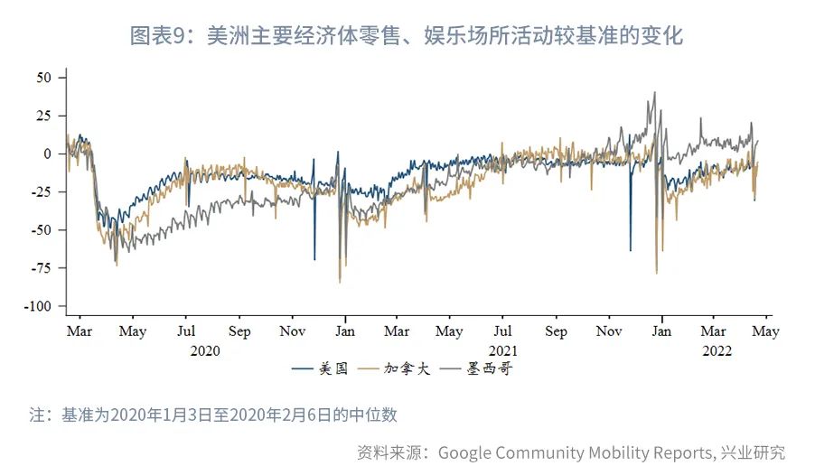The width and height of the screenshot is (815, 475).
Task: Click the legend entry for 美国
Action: pos(326,368)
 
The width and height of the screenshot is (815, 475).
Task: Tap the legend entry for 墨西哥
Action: pos(487,368)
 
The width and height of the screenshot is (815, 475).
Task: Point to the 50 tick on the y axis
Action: pos(46,78)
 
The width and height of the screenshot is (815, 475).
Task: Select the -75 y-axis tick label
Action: pos(44,268)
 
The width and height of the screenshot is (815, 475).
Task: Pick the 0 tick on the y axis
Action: pos(51,154)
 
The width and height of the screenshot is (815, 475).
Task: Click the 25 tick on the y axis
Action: pos(46,116)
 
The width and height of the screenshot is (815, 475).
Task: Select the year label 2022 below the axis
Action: pos(717,350)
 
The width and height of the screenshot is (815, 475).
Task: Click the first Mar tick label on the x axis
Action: pos(80,331)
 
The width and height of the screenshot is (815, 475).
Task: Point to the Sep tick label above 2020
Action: pos(239,331)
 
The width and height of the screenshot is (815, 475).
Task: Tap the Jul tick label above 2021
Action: pos(503,331)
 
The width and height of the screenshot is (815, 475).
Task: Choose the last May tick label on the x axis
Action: pos(766,331)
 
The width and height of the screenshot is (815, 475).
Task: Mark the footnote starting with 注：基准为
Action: pos(213,415)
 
